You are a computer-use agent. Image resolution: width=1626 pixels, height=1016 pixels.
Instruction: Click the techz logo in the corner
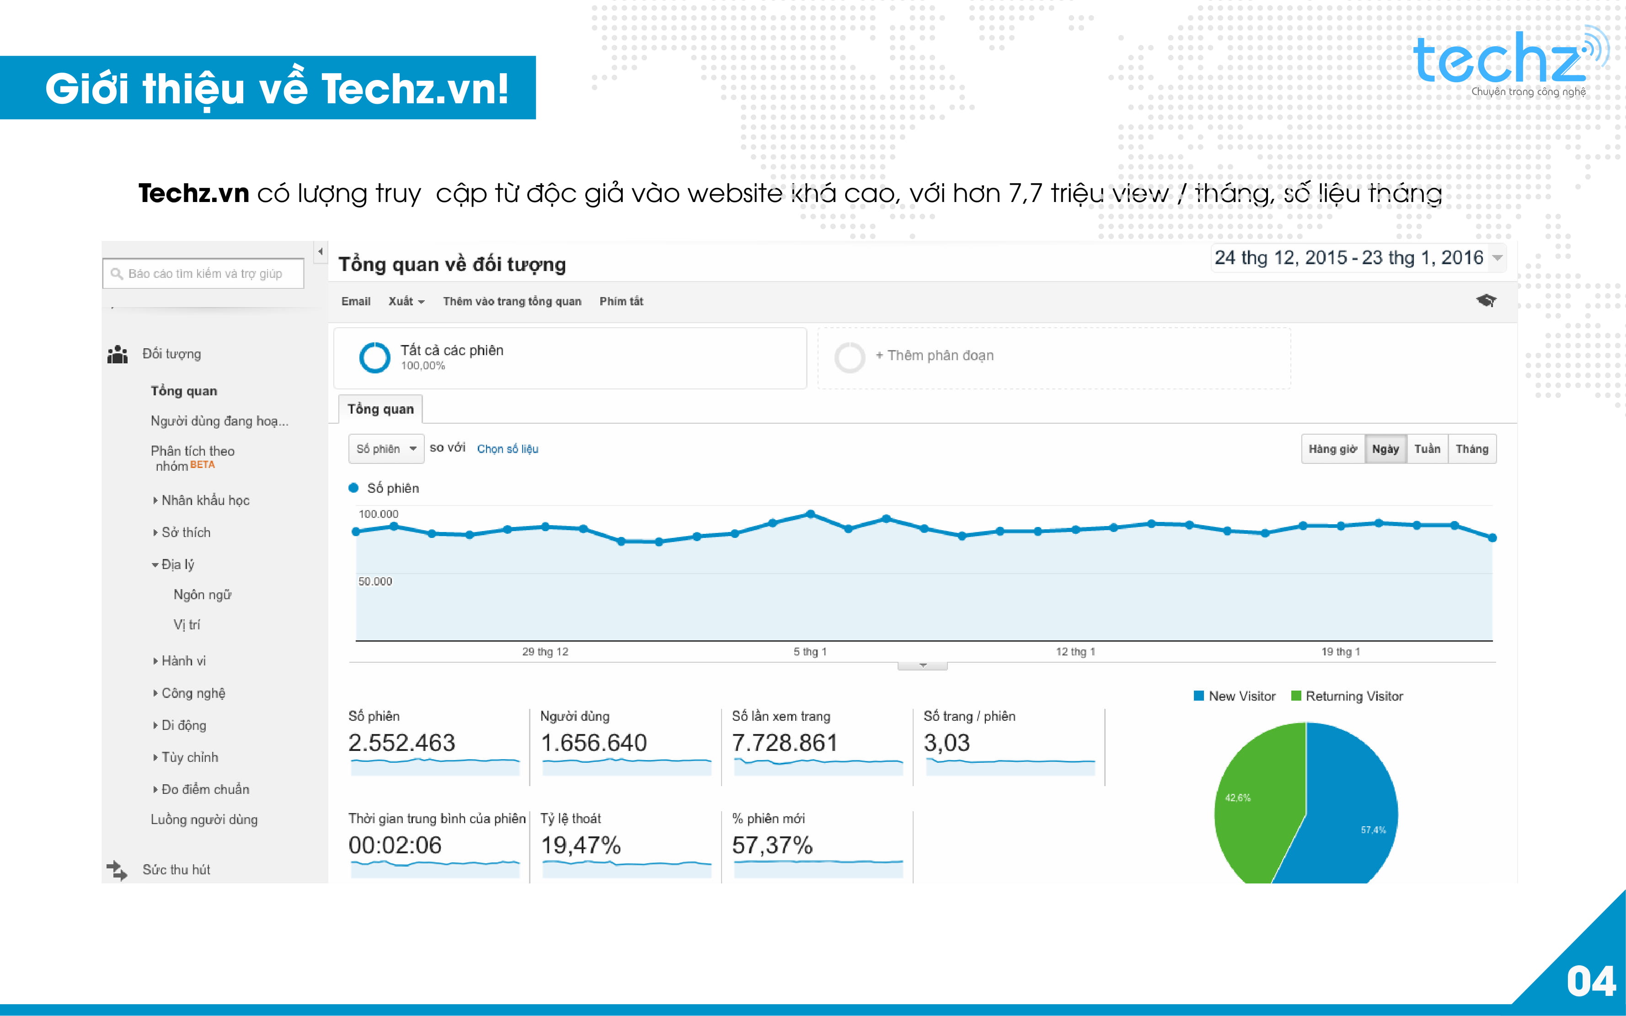[x=1509, y=62]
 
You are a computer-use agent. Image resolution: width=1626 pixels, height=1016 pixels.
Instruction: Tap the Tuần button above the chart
[x=1427, y=449]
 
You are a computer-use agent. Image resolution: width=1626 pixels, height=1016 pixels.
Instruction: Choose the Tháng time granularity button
[x=1471, y=449]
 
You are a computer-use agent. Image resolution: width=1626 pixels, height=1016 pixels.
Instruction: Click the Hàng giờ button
[x=1332, y=449]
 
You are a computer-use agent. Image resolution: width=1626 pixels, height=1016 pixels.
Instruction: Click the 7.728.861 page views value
[x=785, y=743]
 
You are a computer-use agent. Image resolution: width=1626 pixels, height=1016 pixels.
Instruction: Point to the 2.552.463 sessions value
[x=401, y=743]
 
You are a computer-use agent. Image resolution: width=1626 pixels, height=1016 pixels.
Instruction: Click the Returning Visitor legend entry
[x=1347, y=696]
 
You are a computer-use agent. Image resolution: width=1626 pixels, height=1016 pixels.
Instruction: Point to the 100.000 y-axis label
[x=379, y=514]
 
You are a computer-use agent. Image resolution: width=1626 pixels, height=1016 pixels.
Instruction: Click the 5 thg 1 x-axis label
[x=810, y=652]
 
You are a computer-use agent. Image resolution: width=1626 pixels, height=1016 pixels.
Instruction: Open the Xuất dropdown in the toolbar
[x=406, y=302]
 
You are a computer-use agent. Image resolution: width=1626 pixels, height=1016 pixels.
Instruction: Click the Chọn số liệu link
[x=508, y=449]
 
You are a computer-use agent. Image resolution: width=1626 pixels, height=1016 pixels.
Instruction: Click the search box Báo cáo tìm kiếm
[x=203, y=273]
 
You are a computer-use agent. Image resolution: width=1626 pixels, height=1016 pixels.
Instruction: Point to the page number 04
[x=1591, y=982]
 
